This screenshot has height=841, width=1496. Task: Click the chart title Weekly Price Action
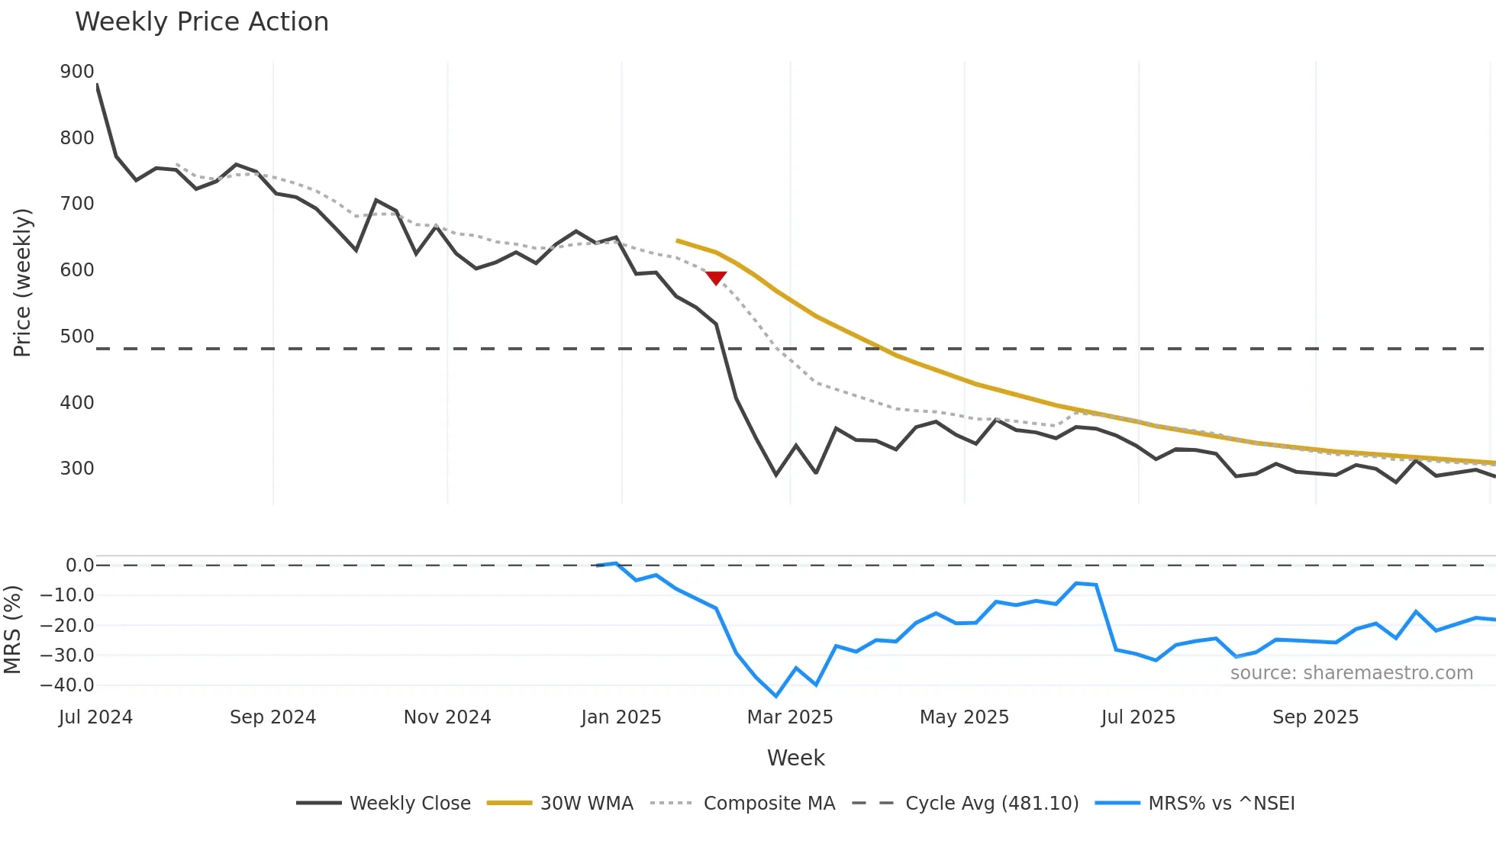coord(202,22)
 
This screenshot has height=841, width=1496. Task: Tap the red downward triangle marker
coord(716,278)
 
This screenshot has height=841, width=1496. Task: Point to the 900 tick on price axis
coord(77,72)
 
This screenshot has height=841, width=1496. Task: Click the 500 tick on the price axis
coord(77,337)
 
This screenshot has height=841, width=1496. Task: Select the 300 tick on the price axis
coord(77,469)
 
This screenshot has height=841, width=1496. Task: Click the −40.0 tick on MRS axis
coord(67,685)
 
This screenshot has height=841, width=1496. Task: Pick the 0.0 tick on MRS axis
coord(79,565)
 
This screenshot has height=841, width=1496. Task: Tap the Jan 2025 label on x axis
coord(621,717)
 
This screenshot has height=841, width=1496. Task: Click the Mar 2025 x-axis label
coord(790,717)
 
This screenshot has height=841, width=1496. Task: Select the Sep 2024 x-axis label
coord(272,717)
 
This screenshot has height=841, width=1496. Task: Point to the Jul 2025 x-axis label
coord(1138,717)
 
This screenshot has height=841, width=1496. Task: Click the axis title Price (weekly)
coord(23,282)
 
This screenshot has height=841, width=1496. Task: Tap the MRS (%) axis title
coord(13,630)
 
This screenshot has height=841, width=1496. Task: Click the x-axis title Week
coord(795,758)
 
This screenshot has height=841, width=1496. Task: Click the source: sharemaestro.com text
coord(1351,673)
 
